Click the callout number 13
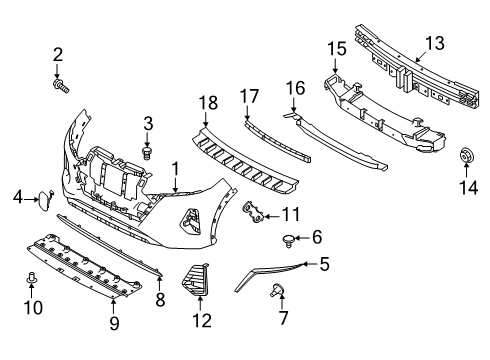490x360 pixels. point(435,44)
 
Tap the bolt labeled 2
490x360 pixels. point(61,85)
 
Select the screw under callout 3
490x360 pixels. point(147,152)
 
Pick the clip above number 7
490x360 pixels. point(276,290)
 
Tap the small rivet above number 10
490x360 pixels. point(31,278)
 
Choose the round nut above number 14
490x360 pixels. point(466,155)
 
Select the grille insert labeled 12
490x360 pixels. point(196,280)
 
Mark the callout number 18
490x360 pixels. point(208,103)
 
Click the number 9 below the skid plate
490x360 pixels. point(114,323)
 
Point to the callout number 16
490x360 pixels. point(295,88)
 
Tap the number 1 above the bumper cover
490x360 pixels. point(175,169)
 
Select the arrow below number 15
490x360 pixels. point(335,64)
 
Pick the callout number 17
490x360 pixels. point(249,96)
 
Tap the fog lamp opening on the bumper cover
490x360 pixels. point(190,222)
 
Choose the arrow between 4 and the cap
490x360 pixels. point(32,199)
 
